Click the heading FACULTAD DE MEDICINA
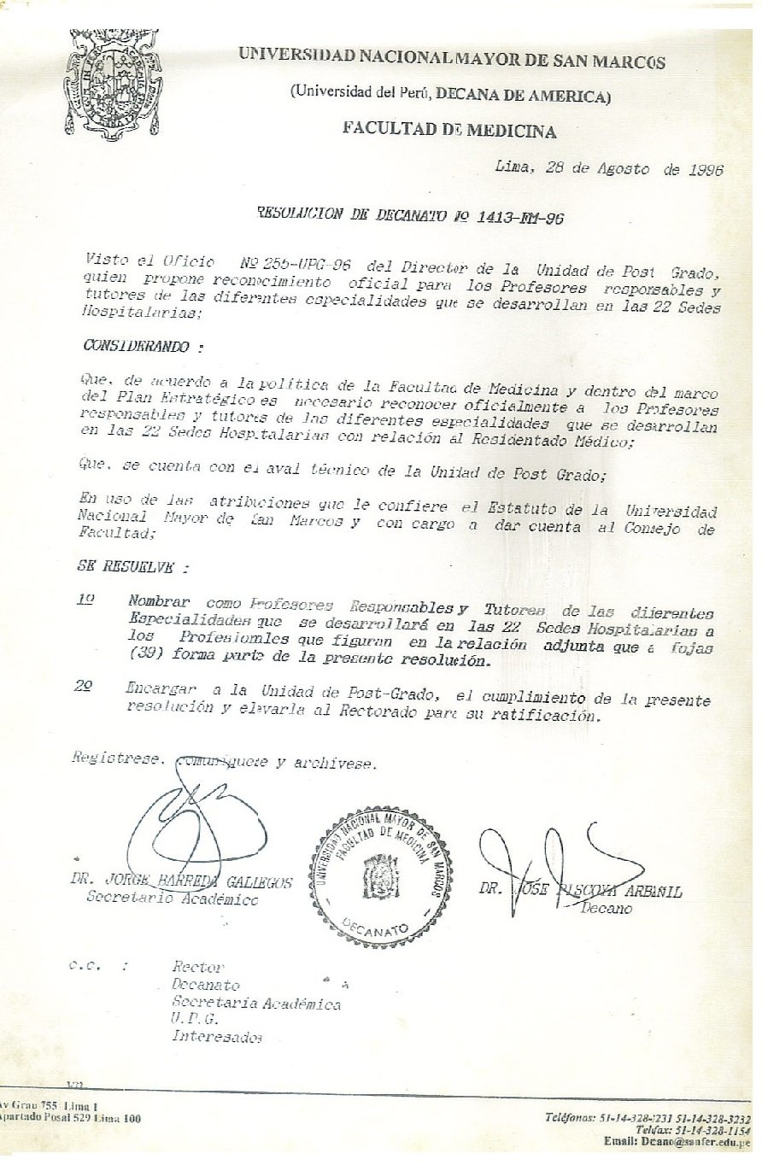(x=449, y=131)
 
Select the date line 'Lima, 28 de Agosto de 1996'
(x=609, y=169)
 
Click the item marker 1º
(x=85, y=600)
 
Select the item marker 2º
(x=85, y=686)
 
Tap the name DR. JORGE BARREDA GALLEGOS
(x=182, y=881)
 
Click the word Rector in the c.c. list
(x=197, y=967)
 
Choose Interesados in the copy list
(x=217, y=1037)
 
